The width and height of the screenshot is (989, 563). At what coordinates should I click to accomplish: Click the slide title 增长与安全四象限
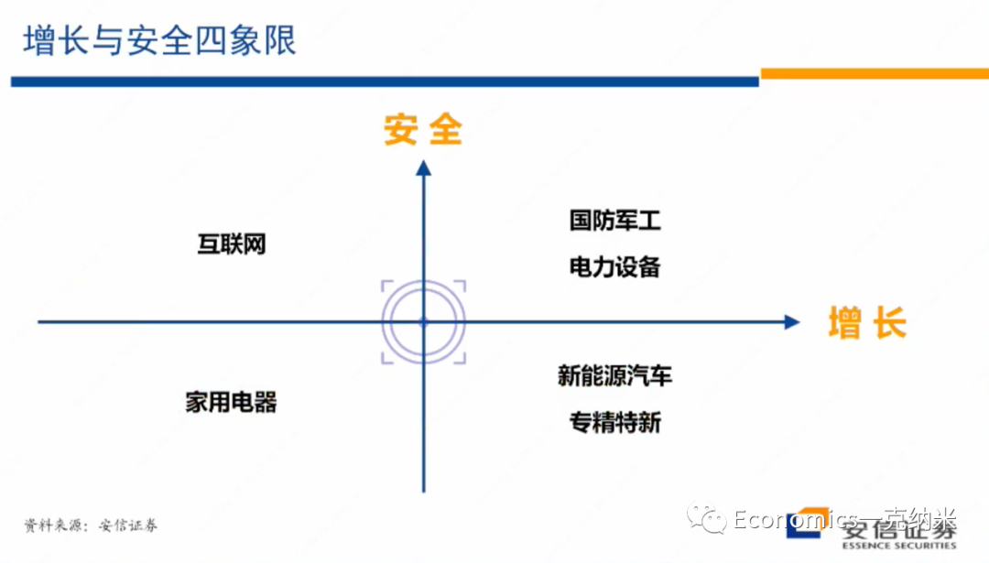[x=160, y=41]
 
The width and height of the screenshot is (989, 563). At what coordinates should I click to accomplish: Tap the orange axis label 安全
[x=423, y=130]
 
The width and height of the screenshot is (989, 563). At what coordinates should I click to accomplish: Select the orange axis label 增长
[x=866, y=323]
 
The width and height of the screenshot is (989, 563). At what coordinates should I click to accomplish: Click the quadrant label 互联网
[x=232, y=244]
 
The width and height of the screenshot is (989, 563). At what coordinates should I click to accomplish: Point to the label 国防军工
[x=614, y=221]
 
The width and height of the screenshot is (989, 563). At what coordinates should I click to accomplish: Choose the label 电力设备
[x=614, y=266]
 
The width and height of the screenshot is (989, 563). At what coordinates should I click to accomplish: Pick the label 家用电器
[x=231, y=402]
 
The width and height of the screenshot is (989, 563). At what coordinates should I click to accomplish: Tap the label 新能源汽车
[x=614, y=375]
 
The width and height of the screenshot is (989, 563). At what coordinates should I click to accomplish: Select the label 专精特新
[x=614, y=422]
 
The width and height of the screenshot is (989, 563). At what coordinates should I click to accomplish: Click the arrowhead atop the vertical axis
[x=423, y=168]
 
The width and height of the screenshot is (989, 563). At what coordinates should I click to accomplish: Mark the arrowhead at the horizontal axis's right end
[x=792, y=322]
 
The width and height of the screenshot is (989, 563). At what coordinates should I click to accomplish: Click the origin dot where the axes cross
[x=423, y=322]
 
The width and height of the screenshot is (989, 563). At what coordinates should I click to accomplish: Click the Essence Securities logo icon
[x=804, y=524]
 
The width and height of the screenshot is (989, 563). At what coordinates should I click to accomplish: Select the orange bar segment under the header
[x=874, y=73]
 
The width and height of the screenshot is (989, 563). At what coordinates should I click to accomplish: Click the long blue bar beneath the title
[x=385, y=81]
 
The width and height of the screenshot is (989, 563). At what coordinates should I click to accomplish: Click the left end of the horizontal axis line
[x=40, y=322]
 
